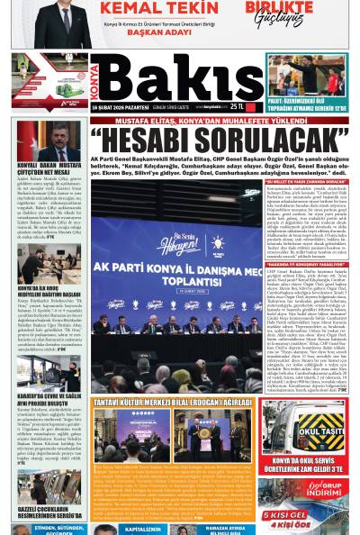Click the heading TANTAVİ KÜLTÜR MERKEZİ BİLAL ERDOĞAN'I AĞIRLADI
click(x=172, y=404)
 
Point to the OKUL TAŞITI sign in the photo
click(x=320, y=430)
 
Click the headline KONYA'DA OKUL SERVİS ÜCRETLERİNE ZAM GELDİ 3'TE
click(x=303, y=466)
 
